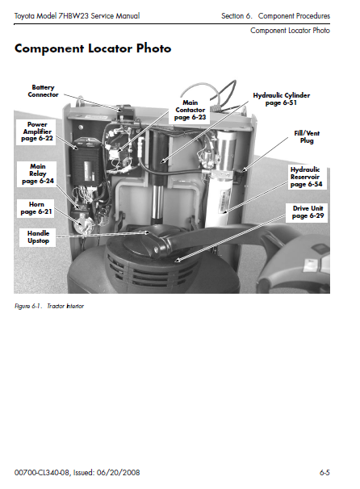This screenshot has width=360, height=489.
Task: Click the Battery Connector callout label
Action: [x=43, y=91]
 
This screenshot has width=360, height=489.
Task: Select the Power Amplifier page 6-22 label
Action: [x=37, y=132]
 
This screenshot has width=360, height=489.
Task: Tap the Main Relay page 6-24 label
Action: [x=38, y=173]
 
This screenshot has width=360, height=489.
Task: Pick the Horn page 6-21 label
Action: [x=36, y=208]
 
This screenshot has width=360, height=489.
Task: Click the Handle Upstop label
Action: [x=38, y=237]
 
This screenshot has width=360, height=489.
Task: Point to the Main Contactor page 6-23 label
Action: [x=190, y=110]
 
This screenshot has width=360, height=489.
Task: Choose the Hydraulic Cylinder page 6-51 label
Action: [x=282, y=99]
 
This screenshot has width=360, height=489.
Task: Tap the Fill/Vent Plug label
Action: [x=307, y=137]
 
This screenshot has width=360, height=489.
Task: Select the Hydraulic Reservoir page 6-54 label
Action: [x=306, y=177]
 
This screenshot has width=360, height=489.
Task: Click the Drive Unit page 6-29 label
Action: [x=308, y=212]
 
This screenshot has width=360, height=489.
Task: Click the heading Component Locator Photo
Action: [x=93, y=48]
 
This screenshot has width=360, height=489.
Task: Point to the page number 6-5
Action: [x=324, y=473]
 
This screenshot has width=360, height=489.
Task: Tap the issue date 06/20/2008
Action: [x=118, y=473]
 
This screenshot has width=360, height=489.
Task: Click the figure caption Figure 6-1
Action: [x=28, y=306]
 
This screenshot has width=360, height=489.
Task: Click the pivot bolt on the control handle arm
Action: [x=156, y=249]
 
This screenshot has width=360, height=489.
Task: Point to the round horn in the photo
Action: [x=84, y=224]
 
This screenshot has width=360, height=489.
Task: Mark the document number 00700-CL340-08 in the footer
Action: [x=42, y=473]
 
